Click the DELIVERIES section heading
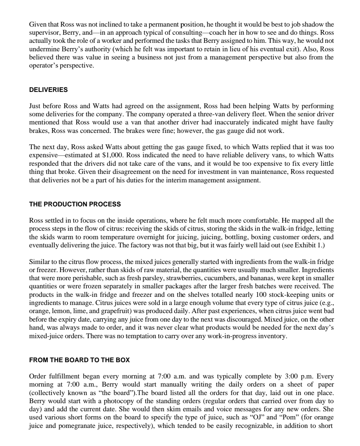[x=48, y=90]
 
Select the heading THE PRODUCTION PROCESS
[x=75, y=204]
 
